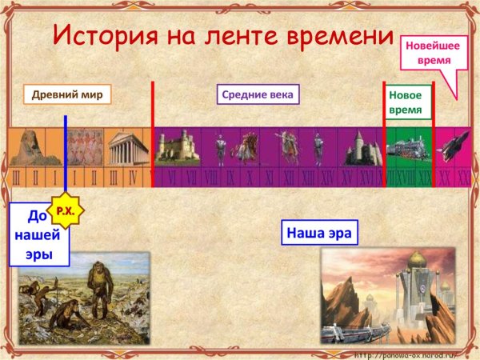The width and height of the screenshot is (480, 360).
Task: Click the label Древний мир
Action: pyautogui.click(x=67, y=94)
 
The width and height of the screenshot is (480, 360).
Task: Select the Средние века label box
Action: pyautogui.click(x=257, y=95)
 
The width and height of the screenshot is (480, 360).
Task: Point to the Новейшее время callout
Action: pyautogui.click(x=427, y=53)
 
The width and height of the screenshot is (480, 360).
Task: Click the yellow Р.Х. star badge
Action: pyautogui.click(x=63, y=212)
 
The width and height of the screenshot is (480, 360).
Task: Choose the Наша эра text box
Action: pyautogui.click(x=318, y=234)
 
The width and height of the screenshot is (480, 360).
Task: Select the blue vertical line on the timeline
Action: pyautogui.click(x=66, y=160)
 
